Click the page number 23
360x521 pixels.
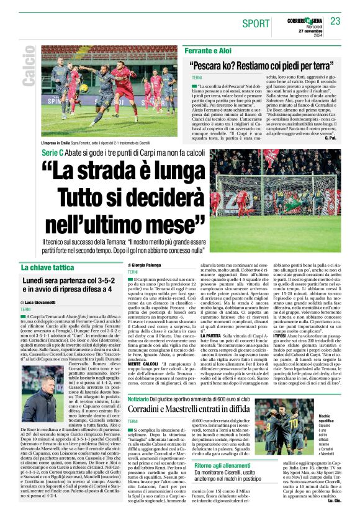click(x=335, y=22)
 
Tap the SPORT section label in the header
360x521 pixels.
click(x=256, y=24)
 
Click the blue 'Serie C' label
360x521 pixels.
click(x=52, y=152)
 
